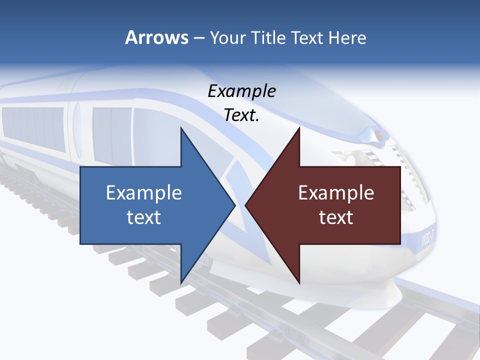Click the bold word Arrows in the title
tap(156, 37)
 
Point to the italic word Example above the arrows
tap(241, 91)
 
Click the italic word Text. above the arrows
tap(241, 115)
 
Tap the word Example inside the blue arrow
tap(144, 193)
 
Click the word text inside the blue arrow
tap(144, 217)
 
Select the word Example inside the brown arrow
tap(336, 193)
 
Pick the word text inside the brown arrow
tap(336, 217)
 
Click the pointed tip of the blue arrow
tap(234, 205)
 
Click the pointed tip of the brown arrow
tap(246, 205)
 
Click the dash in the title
tap(198, 38)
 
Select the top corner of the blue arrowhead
tap(181, 128)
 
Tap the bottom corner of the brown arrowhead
tap(299, 282)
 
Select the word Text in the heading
tap(307, 37)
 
